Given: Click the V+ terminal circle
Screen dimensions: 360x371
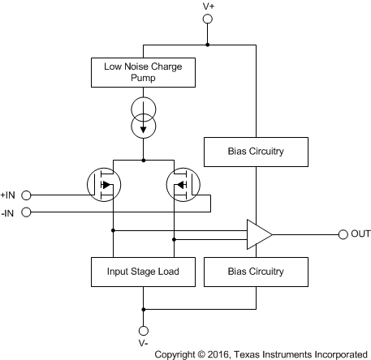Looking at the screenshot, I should point(208,19).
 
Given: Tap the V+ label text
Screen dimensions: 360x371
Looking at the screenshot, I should point(208,6).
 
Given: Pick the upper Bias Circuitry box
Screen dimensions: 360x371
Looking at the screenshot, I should point(256,150).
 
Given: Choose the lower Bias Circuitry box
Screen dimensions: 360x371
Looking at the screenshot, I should point(256,271).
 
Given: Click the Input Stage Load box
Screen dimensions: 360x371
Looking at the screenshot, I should point(143,271).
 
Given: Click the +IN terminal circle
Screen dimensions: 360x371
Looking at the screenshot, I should point(26,195).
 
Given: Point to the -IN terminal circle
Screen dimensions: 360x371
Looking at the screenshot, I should point(26,212).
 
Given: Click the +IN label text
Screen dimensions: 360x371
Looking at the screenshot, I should point(9,195).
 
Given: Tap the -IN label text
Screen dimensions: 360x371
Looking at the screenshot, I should point(9,212).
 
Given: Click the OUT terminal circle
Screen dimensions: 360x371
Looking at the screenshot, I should point(343,235).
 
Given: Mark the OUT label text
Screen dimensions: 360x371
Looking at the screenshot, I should point(360,235).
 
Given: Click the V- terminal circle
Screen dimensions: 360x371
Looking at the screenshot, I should point(144,330).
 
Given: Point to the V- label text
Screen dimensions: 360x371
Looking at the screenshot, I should point(144,344).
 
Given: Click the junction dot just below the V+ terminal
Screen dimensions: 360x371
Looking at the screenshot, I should point(208,45).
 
